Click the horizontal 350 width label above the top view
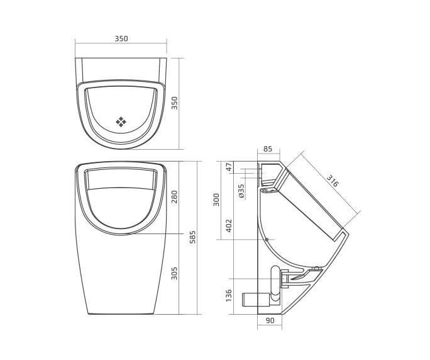pyautogui.click(x=121, y=38)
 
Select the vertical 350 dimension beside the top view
pyautogui.click(x=175, y=103)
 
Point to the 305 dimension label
pyautogui.click(x=175, y=273)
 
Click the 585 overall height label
pyautogui.click(x=193, y=237)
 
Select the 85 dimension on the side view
pyautogui.click(x=268, y=149)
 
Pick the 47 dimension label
pyautogui.click(x=229, y=167)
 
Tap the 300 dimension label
pyautogui.click(x=217, y=200)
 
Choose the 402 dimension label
pyautogui.click(x=229, y=225)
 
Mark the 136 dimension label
pyautogui.click(x=229, y=295)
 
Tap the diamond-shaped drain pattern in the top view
pyautogui.click(x=121, y=121)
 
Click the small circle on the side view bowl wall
pyautogui.click(x=267, y=240)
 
